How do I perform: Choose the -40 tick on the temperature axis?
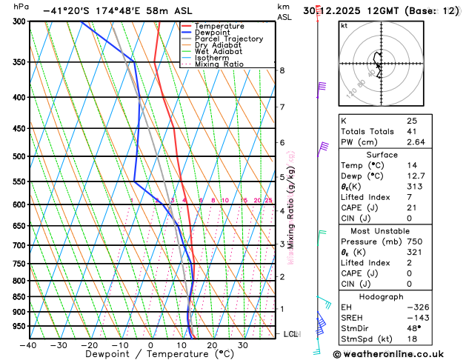click(29, 345)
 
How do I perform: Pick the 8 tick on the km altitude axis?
click(282, 70)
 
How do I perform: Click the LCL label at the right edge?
click(291, 334)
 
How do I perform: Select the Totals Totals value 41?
click(412, 131)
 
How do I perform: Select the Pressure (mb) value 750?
click(414, 241)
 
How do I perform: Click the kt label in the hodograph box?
click(344, 25)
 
